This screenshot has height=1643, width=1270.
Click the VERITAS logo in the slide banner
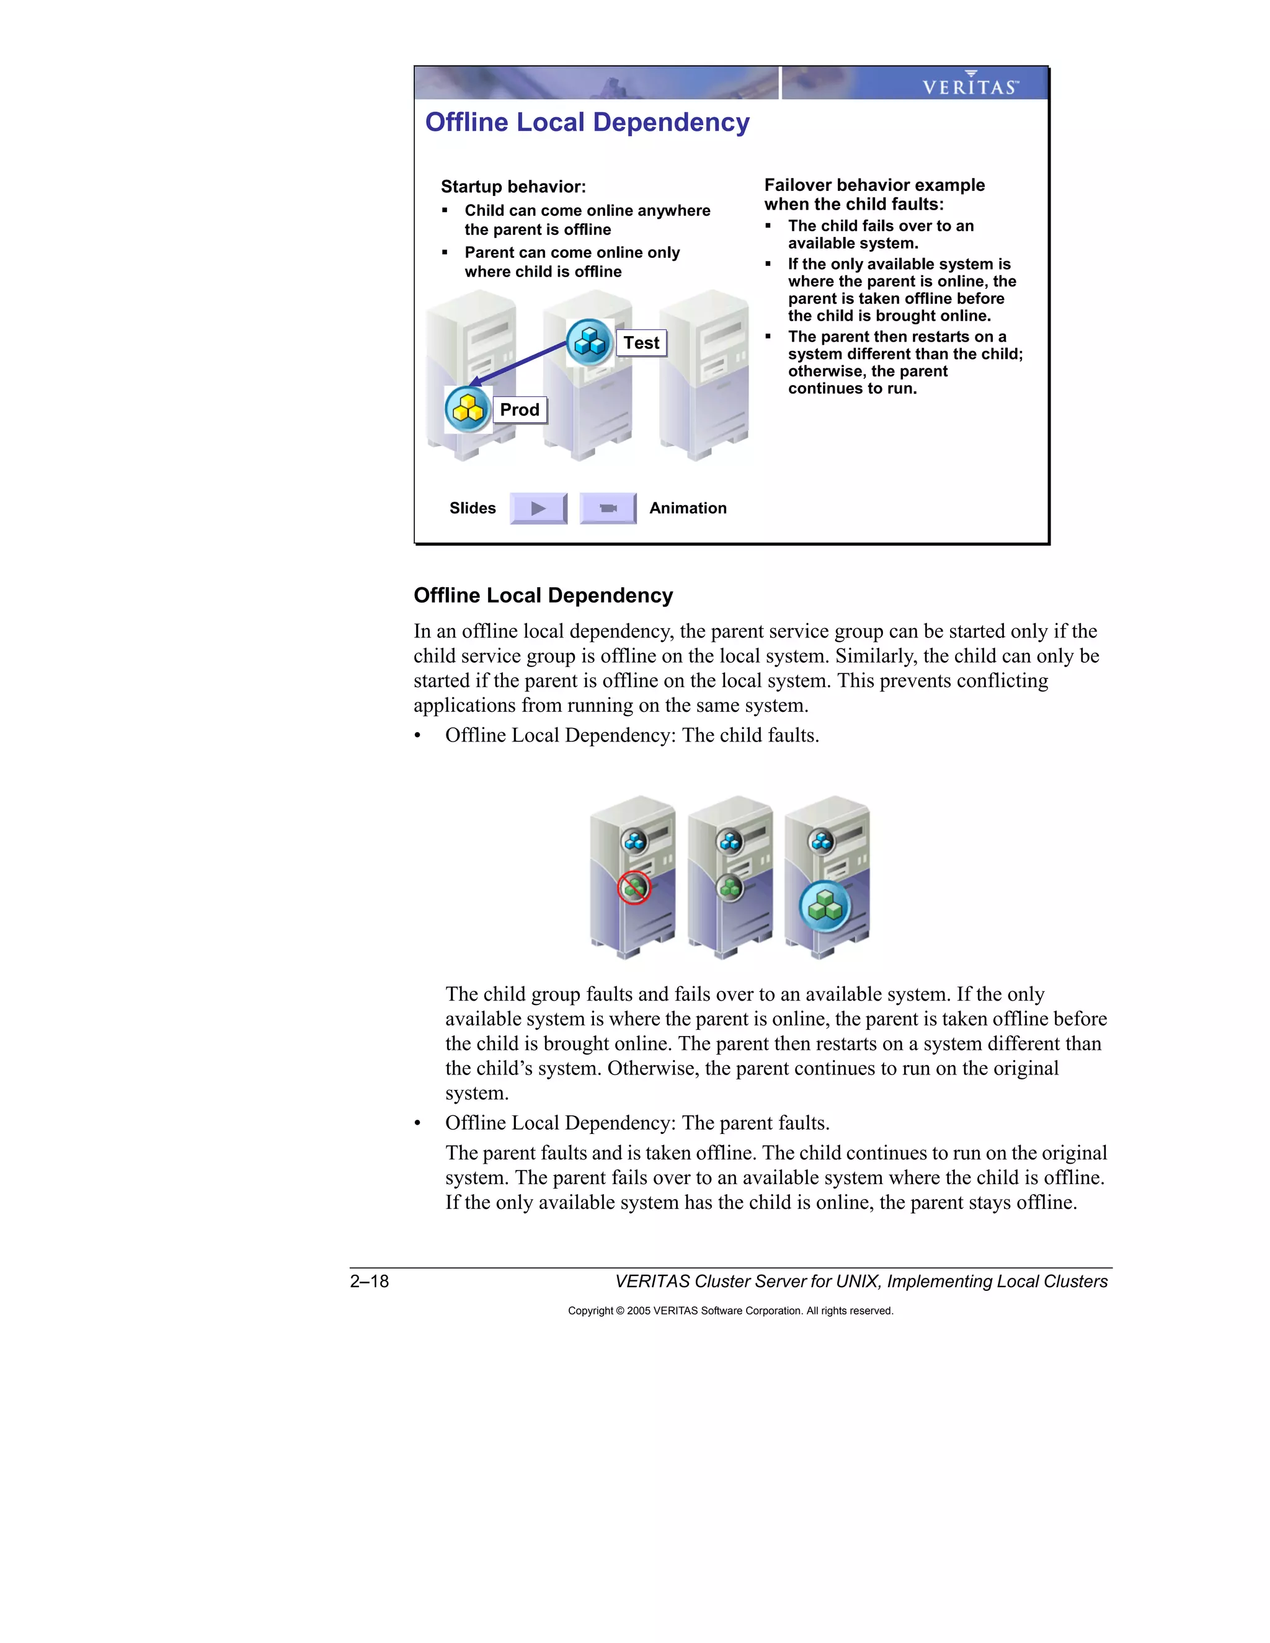(970, 84)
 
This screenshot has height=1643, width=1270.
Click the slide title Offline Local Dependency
(587, 123)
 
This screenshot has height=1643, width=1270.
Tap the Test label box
(641, 343)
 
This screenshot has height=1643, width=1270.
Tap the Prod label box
(519, 410)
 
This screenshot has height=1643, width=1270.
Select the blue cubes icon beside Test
(590, 343)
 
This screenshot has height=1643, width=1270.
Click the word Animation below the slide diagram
(688, 508)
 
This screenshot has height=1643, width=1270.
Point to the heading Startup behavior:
(513, 187)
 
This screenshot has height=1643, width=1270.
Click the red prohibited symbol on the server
(634, 888)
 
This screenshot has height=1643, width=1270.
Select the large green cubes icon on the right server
(825, 907)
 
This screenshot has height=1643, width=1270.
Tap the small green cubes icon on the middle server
(730, 888)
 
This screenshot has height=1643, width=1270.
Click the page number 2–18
(370, 1281)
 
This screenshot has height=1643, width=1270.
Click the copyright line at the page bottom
(730, 1311)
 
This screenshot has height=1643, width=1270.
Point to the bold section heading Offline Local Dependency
(543, 596)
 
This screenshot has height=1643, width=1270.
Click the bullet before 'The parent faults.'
(417, 1124)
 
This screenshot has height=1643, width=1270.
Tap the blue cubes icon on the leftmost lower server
(635, 841)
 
